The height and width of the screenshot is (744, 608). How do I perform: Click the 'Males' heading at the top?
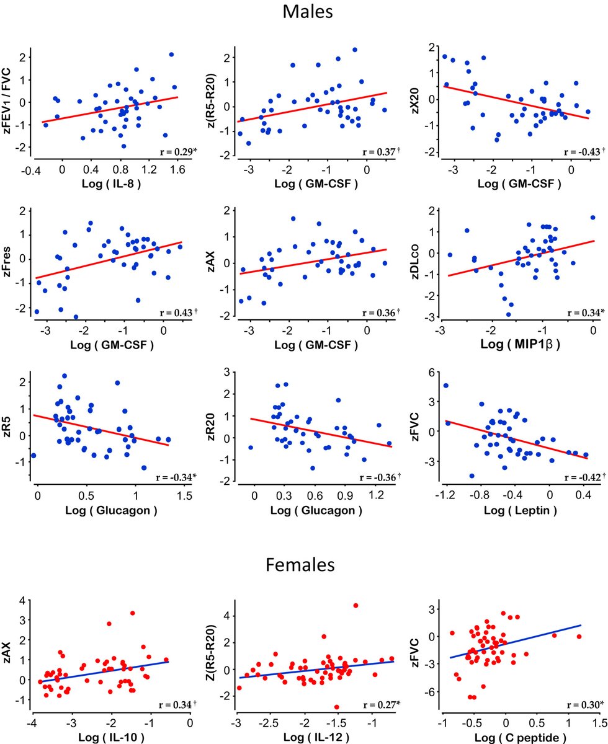(x=303, y=12)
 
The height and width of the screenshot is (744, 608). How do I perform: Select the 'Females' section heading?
(x=303, y=565)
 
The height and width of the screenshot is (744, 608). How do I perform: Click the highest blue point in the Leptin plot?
(x=445, y=386)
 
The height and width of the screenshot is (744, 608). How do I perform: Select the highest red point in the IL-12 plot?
(x=355, y=605)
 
